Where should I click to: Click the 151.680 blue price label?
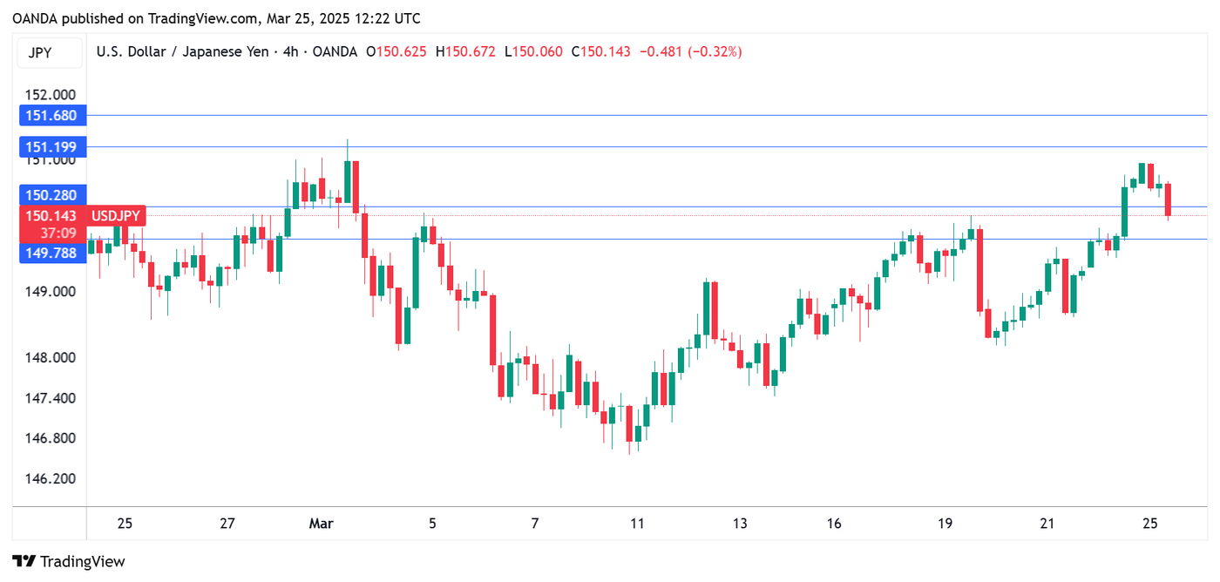click(x=51, y=115)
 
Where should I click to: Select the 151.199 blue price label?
click(x=51, y=147)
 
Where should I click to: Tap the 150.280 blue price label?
click(x=51, y=195)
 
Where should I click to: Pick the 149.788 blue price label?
click(x=51, y=253)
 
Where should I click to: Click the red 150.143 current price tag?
click(x=51, y=215)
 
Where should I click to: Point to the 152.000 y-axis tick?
click(x=51, y=94)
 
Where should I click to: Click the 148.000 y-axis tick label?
click(x=51, y=357)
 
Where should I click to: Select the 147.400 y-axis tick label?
click(x=51, y=398)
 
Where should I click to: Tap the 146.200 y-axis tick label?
click(x=51, y=478)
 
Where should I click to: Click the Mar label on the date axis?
click(x=322, y=524)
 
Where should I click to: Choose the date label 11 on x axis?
click(x=637, y=524)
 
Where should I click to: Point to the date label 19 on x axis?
click(x=945, y=524)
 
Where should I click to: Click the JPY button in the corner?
click(x=40, y=52)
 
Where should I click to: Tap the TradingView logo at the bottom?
click(x=69, y=562)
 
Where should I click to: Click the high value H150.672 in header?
click(x=471, y=52)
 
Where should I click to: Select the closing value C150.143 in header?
click(x=601, y=52)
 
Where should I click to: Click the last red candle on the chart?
click(x=1168, y=200)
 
